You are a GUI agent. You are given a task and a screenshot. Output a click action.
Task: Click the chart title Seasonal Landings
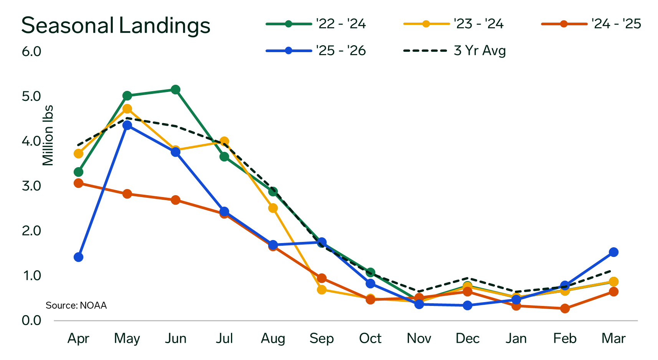tap(115, 26)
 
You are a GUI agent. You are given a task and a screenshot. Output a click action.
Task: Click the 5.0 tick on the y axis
tap(31, 96)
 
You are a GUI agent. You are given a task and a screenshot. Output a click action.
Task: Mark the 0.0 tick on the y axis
tap(31, 320)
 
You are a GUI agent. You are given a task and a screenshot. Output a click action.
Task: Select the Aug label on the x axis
tap(273, 339)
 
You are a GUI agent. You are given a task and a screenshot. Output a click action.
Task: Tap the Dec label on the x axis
tap(467, 339)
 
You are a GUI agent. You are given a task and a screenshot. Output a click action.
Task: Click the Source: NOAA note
tap(76, 306)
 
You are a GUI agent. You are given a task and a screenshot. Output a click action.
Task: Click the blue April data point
tap(78, 257)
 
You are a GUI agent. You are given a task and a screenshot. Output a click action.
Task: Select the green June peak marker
tap(175, 90)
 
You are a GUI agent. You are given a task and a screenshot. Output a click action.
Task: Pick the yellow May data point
tap(127, 109)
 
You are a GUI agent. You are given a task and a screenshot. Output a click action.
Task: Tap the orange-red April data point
tap(78, 183)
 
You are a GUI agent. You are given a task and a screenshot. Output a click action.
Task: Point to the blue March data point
tap(613, 252)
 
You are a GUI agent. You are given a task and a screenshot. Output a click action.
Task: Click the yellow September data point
tap(322, 289)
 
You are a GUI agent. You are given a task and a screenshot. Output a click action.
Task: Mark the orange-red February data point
tap(565, 308)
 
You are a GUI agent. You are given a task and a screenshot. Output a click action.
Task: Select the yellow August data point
tap(273, 208)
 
